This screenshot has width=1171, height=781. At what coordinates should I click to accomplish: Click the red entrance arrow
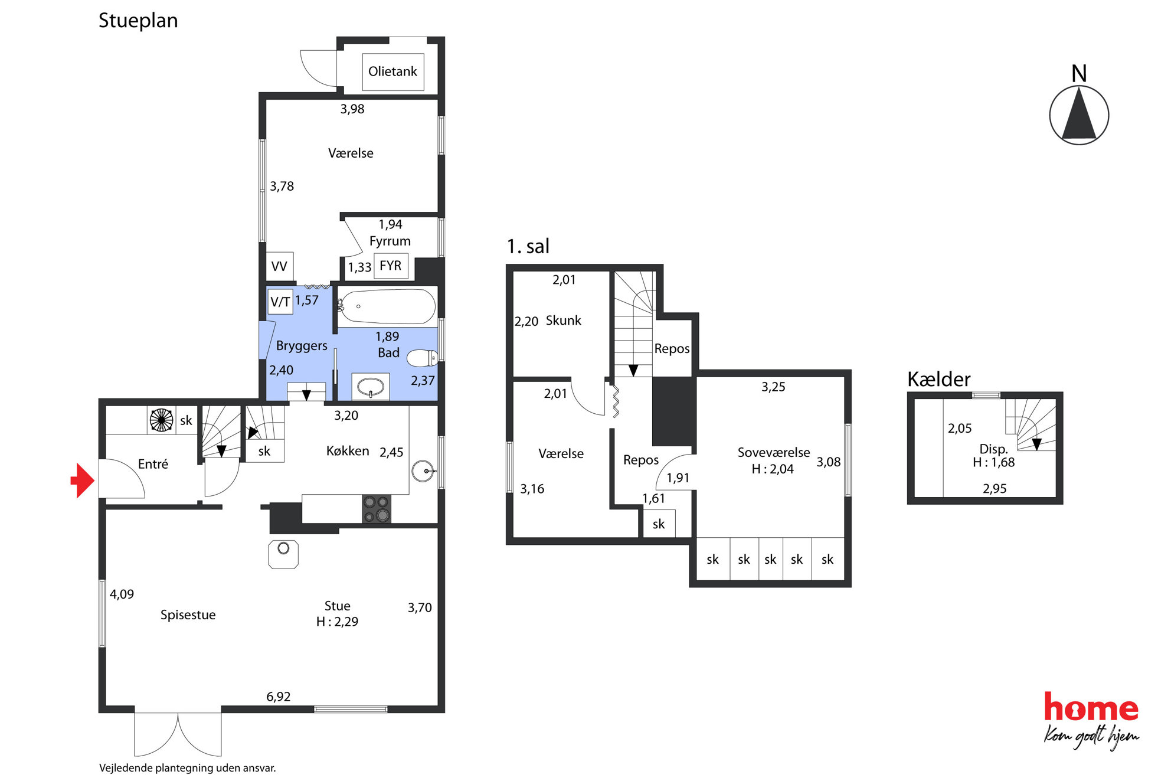tap(83, 481)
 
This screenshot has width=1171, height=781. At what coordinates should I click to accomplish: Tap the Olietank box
tap(392, 71)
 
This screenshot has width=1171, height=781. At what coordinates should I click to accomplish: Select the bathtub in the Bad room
tap(387, 306)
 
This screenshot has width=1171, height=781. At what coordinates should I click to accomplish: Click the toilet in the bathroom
tap(422, 358)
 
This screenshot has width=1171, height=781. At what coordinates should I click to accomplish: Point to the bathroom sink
tap(371, 387)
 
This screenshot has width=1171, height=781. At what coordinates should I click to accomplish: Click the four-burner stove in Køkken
tap(377, 509)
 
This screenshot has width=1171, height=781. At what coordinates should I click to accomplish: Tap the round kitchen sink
tap(423, 471)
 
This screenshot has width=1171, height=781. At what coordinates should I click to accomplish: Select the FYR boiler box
tap(391, 266)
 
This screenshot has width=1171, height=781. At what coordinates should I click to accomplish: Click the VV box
tap(279, 266)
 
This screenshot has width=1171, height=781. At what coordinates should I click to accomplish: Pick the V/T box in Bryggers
tap(280, 302)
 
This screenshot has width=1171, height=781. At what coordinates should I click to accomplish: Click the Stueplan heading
tap(138, 21)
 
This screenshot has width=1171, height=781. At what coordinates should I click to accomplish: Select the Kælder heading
tap(938, 379)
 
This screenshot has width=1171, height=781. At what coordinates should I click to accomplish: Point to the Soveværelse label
tap(774, 453)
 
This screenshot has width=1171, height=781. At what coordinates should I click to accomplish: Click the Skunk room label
tap(564, 321)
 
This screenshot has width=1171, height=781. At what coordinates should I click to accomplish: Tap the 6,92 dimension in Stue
tap(279, 697)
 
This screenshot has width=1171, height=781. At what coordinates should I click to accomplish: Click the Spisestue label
tap(188, 615)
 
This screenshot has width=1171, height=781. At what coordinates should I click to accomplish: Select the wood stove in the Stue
tap(283, 554)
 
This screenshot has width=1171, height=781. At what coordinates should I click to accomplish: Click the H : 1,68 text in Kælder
tap(994, 462)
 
